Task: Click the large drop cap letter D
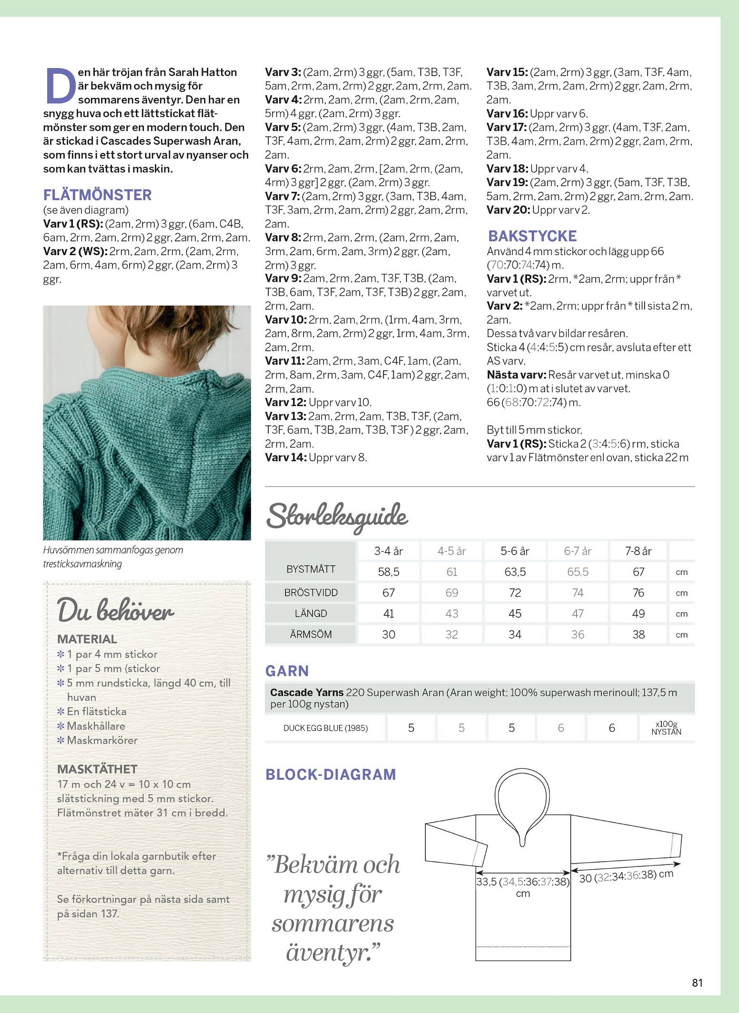point(61,86)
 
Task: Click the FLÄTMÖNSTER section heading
point(97,195)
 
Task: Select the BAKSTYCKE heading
point(532,236)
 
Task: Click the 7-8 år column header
point(638,551)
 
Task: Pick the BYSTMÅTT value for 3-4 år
point(388,572)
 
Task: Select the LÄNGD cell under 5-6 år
point(515,614)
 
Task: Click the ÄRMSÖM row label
point(311,635)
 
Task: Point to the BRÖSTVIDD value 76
point(638,593)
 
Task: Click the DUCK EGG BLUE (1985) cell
point(325,728)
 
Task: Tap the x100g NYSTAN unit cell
point(666,728)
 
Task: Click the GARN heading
point(287,671)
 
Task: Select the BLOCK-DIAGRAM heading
point(331,775)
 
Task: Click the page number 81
point(697,983)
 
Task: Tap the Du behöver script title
point(115,611)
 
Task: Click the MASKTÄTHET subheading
point(97,769)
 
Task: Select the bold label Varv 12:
point(285,402)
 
